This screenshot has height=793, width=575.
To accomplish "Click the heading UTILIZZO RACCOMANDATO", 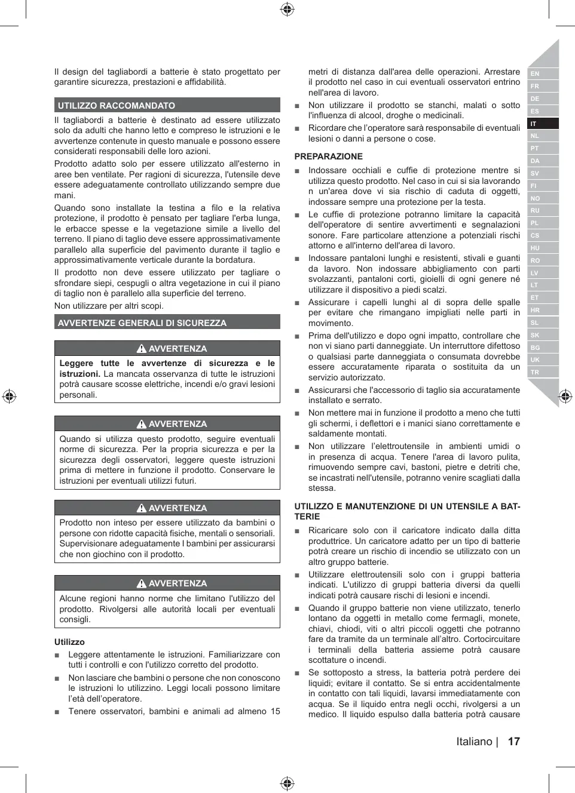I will pos(117,106).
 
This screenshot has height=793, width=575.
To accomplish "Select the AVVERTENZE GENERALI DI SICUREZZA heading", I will pos(142,323).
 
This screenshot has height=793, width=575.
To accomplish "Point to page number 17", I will pos(514,742).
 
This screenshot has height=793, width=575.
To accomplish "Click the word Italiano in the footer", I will pos(474,742).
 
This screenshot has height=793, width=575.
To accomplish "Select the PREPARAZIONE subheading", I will pos(328,156).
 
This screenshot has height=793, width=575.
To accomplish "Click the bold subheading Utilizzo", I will pos(69,642).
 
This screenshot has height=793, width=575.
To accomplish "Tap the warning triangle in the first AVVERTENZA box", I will pos(142,349).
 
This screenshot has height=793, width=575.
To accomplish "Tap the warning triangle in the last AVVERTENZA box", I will pos(142,583).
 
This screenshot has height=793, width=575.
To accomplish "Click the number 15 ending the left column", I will pos(275,711).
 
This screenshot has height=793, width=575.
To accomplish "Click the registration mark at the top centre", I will pos(287,9).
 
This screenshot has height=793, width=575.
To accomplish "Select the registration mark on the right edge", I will pos(565,396).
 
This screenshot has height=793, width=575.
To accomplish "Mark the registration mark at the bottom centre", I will pos(287,783).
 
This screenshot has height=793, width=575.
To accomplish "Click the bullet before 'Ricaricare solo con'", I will pos(297,531).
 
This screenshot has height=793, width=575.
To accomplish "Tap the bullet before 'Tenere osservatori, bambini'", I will pos(57,712).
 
